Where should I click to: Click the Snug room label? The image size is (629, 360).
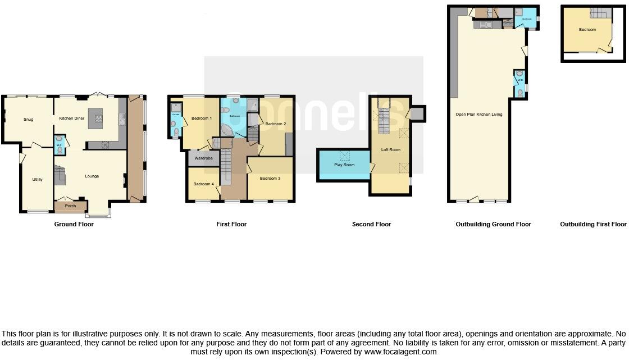28,119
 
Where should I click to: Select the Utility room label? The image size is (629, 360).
37,180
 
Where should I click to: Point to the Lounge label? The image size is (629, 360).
92,176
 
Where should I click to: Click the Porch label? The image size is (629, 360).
71,206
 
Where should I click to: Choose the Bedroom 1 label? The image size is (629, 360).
202,119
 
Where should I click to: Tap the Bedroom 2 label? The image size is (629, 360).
276,124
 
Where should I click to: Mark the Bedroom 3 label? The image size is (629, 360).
270,178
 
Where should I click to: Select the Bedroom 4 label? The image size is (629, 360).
204,184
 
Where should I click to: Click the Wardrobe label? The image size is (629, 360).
203,159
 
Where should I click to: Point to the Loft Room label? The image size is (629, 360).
390,150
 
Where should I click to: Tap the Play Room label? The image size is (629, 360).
344,165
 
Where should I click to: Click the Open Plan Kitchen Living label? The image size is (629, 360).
478,115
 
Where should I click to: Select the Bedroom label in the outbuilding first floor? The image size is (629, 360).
587,29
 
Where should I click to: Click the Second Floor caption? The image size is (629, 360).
371,225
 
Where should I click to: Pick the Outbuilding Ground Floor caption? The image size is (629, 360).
493,225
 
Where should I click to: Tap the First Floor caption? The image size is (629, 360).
231,225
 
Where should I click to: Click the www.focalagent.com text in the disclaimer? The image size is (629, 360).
399,352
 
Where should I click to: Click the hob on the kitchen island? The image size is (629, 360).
99,119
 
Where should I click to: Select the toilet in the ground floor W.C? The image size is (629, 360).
60,149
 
